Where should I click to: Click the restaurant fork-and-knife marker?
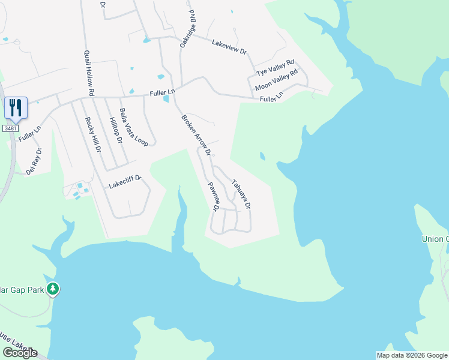pyautogui.click(x=16, y=108)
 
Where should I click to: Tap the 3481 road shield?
pyautogui.click(x=10, y=128)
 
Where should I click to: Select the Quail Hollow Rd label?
pyautogui.click(x=89, y=73)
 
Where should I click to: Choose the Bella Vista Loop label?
pyautogui.click(x=133, y=127)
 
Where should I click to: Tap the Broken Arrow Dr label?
pyautogui.click(x=196, y=135)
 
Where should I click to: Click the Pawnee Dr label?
pyautogui.click(x=212, y=197)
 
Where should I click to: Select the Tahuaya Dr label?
pyautogui.click(x=241, y=195)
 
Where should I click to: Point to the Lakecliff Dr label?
pyautogui.click(x=124, y=182)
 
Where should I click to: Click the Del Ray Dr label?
pyautogui.click(x=34, y=161)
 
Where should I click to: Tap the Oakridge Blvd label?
pyautogui.click(x=187, y=29)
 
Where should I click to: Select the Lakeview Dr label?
pyautogui.click(x=229, y=47)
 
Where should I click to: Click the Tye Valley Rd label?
pyautogui.click(x=276, y=67)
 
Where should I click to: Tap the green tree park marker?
pyautogui.click(x=53, y=289)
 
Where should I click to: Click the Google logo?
pyautogui.click(x=20, y=353)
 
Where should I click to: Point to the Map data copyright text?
pyautogui.click(x=412, y=355)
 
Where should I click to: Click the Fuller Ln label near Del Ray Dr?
pyautogui.click(x=29, y=133)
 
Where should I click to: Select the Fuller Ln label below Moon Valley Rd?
pyautogui.click(x=271, y=97)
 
